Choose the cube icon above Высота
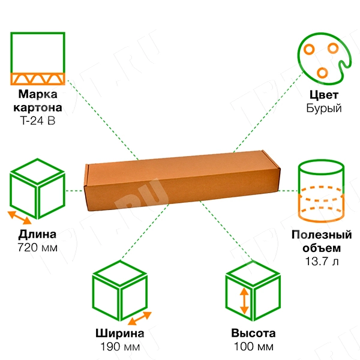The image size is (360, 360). pyautogui.click(x=253, y=294)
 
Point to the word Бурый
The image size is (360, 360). pyautogui.click(x=323, y=109)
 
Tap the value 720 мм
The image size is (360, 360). pyautogui.click(x=37, y=247)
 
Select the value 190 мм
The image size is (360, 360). pyautogui.click(x=119, y=347)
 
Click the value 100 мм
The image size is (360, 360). pyautogui.click(x=253, y=347)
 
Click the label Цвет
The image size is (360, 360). pyautogui.click(x=323, y=95)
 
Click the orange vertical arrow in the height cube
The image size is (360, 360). pyautogui.click(x=244, y=302)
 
